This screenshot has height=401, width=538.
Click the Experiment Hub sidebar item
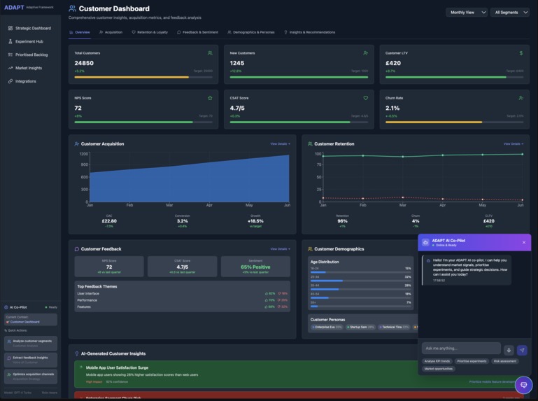[x=29, y=41]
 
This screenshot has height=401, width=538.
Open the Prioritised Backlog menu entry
[x=31, y=55]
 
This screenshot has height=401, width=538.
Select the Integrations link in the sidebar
[x=25, y=81]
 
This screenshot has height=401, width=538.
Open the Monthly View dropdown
[x=467, y=12]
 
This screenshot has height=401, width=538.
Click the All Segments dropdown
[x=510, y=12]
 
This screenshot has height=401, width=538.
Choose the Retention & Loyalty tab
[x=150, y=32]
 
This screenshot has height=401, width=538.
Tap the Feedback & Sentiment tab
[x=198, y=32]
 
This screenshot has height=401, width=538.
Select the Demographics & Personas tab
[x=251, y=32]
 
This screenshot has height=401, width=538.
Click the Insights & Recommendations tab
[x=309, y=32]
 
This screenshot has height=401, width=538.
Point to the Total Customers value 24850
[x=84, y=63]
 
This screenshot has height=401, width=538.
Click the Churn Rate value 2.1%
[x=392, y=108]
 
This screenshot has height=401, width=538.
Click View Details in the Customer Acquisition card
[x=280, y=144]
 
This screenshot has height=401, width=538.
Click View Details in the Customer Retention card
[x=513, y=144]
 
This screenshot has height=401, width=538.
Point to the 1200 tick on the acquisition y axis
[x=84, y=154]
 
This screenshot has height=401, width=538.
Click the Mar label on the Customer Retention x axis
[x=402, y=205]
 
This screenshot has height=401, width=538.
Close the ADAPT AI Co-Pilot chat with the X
[x=523, y=243]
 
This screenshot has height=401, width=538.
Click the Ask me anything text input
[x=460, y=349]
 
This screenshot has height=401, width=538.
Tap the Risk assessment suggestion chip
[x=504, y=361]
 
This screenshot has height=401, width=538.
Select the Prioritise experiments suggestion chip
[x=472, y=361]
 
